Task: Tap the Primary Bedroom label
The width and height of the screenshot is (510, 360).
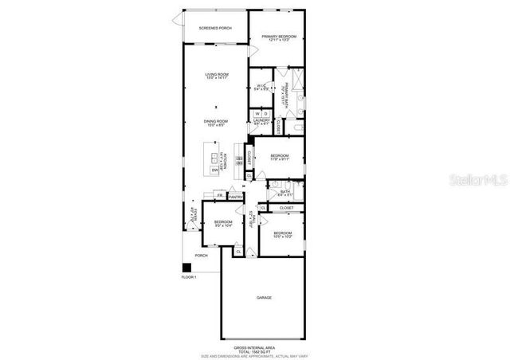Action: pos(278,37)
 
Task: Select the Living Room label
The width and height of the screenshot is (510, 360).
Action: pos(217,75)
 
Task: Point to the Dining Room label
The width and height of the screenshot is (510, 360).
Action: pos(216,122)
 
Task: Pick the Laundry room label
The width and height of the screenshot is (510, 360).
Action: pos(262,121)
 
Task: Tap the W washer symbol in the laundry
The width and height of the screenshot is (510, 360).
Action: pos(257,114)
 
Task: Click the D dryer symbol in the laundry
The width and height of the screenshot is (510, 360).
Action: pos(266,114)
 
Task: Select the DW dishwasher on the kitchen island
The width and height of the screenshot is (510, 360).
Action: pos(215,170)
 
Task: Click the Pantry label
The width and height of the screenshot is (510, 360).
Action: pos(236,196)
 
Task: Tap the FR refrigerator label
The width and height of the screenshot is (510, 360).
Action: pos(219,194)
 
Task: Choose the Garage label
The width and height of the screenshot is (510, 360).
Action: pos(264,298)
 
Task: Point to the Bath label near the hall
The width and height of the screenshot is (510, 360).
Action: pos(285,191)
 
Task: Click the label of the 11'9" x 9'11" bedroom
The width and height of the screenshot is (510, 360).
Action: pos(278,156)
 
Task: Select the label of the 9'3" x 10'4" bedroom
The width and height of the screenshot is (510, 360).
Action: pos(222,223)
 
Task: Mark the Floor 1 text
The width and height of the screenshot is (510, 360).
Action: pos(188,277)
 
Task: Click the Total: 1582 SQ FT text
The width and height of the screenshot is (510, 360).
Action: pos(254,352)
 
